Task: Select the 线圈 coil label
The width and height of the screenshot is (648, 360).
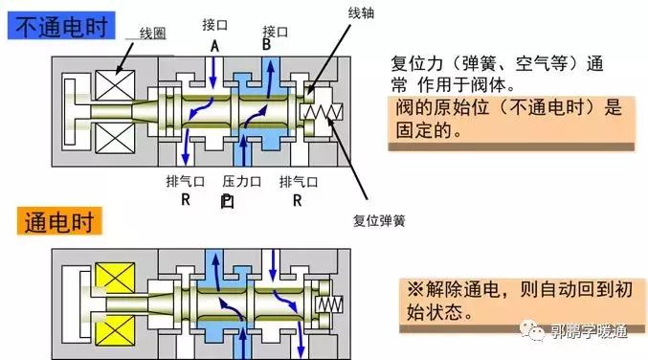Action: tap(152, 33)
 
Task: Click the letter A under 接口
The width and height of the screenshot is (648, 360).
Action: tap(213, 43)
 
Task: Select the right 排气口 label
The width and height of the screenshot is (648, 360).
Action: tap(298, 181)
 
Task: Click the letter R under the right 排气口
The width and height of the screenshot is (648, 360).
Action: tap(298, 200)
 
